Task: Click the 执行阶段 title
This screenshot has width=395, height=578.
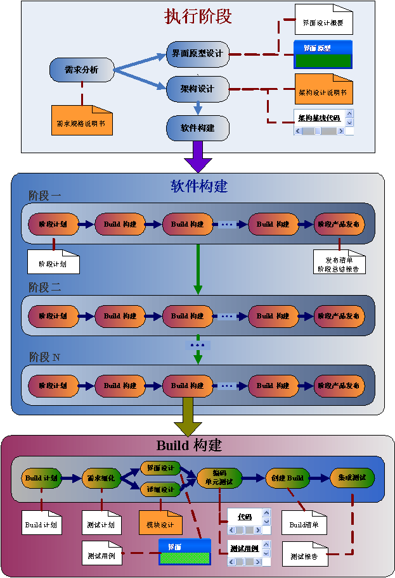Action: tap(198, 16)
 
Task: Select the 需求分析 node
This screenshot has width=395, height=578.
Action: tap(82, 70)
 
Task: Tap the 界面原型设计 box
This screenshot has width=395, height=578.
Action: tap(197, 54)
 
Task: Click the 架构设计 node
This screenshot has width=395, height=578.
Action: tap(197, 89)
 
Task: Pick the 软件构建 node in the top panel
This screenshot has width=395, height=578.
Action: tap(197, 128)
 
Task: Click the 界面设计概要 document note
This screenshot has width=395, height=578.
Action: tap(323, 20)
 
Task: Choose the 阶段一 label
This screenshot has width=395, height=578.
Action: tap(45, 196)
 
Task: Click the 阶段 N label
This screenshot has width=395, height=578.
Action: tap(45, 357)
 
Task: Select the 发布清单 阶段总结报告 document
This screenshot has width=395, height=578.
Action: tap(340, 262)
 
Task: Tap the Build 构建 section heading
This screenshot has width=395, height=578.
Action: tap(189, 445)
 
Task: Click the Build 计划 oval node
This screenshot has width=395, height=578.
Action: tap(42, 478)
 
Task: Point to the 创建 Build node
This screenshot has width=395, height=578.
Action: tap(287, 478)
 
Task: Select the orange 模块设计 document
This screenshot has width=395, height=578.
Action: tap(160, 523)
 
